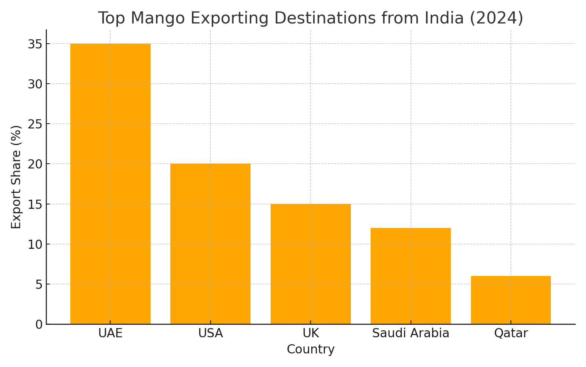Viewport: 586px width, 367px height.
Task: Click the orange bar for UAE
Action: pyautogui.click(x=110, y=183)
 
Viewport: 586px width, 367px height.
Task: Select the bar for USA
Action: pyautogui.click(x=210, y=244)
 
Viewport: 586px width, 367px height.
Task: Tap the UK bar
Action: pyautogui.click(x=311, y=264)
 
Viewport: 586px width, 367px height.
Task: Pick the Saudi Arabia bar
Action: pyautogui.click(x=411, y=276)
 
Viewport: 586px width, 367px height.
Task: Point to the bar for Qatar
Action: pyautogui.click(x=511, y=300)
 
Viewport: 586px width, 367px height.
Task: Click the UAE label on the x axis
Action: pyautogui.click(x=110, y=333)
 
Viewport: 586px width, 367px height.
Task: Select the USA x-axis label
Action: pyautogui.click(x=210, y=333)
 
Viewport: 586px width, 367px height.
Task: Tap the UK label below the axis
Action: pyautogui.click(x=311, y=333)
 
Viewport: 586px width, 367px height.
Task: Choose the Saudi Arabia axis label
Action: pyautogui.click(x=411, y=333)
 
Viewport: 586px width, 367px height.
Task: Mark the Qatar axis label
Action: pyautogui.click(x=511, y=333)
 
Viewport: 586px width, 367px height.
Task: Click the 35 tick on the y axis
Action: pyautogui.click(x=35, y=44)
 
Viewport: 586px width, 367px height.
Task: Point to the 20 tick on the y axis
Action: pyautogui.click(x=35, y=164)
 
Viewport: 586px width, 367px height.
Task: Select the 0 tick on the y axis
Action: pyautogui.click(x=39, y=324)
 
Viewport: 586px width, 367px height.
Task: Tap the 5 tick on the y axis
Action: pyautogui.click(x=39, y=284)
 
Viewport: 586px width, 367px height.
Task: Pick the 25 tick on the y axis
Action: pyautogui.click(x=35, y=124)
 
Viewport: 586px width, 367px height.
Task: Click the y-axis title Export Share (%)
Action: pyautogui.click(x=16, y=177)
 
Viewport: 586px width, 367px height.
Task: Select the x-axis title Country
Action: pyautogui.click(x=311, y=349)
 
